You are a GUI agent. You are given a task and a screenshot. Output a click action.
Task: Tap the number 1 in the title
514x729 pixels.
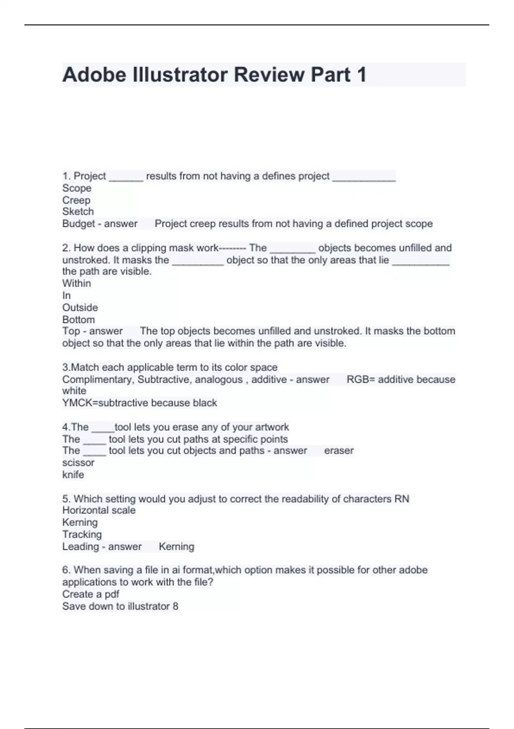[x=362, y=75]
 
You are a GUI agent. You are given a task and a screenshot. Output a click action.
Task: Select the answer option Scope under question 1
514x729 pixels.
[x=77, y=188]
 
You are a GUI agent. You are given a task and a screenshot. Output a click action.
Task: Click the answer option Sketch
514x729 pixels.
[x=78, y=211]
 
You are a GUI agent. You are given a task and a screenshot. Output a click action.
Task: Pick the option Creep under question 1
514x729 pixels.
[x=76, y=200]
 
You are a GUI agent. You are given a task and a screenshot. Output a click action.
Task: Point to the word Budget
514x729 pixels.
[x=78, y=223]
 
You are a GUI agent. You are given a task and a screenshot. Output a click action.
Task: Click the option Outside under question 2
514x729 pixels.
[x=80, y=307]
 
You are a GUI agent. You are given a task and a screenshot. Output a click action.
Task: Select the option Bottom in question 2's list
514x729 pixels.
[x=78, y=319]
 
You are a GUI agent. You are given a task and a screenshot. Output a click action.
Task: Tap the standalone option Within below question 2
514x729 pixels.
[x=77, y=283]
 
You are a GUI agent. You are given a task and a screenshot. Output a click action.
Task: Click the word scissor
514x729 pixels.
[x=78, y=463]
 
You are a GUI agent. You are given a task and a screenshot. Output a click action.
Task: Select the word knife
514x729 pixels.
[x=73, y=475]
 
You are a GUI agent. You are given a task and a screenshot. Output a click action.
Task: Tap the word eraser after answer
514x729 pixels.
[x=339, y=451]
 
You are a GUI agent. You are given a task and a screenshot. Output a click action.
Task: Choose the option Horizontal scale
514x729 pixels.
[x=99, y=510]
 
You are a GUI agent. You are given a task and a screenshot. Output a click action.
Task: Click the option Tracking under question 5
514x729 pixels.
[x=82, y=534]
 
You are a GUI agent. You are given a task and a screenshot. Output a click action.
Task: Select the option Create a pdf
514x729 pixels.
[x=91, y=594]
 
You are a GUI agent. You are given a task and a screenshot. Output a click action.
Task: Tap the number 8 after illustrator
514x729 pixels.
[x=175, y=606]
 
